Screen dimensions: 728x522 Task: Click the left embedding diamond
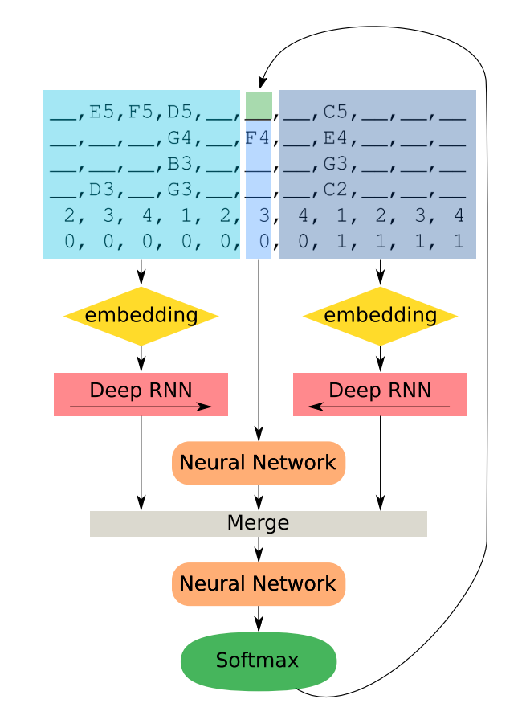[141, 316]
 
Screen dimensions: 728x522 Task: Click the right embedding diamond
[380, 316]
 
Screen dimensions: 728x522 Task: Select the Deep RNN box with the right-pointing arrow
[141, 394]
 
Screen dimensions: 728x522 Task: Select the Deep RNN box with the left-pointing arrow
[380, 394]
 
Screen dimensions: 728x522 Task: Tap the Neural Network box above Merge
[259, 463]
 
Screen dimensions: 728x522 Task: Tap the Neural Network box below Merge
[259, 584]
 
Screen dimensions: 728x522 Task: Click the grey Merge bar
[258, 524]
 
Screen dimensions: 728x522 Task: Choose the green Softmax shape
[259, 661]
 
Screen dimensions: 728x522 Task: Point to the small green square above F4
[259, 104]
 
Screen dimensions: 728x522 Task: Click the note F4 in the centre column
[258, 137]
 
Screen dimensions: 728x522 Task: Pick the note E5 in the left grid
[101, 112]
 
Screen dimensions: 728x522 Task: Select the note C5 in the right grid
[336, 112]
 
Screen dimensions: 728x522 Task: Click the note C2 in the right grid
[336, 193]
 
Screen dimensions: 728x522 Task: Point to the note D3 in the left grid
[101, 193]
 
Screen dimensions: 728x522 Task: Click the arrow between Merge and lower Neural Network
[259, 549]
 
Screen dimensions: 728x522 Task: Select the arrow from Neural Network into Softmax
[259, 620]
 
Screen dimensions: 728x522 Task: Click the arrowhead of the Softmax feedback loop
[260, 83]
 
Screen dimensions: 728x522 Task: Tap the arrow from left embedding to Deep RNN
[141, 358]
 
